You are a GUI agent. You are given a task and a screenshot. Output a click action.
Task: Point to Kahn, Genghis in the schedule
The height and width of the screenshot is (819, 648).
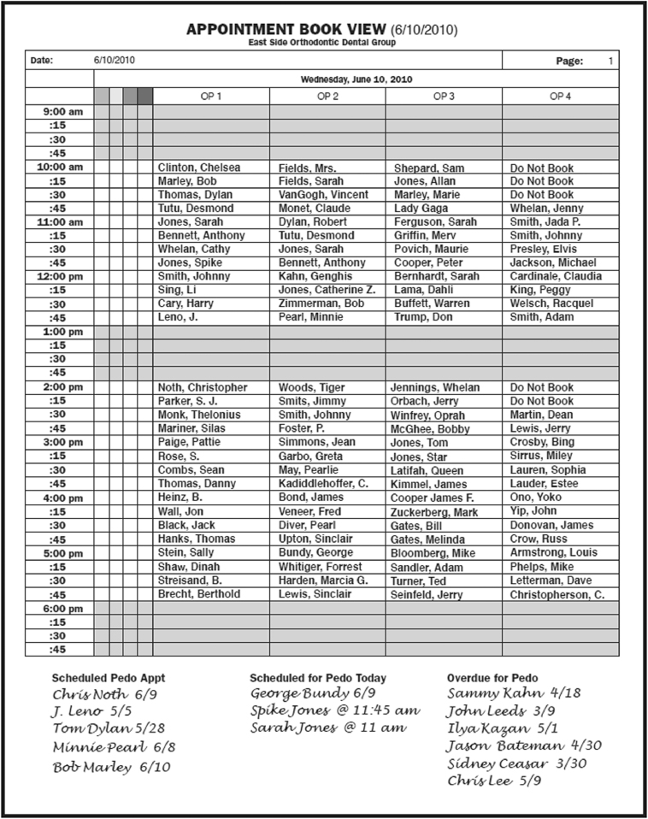point(315,277)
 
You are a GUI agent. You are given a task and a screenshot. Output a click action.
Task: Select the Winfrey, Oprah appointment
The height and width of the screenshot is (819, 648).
point(429,415)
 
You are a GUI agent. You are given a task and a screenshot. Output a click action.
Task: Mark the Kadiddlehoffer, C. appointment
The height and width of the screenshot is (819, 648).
point(323,484)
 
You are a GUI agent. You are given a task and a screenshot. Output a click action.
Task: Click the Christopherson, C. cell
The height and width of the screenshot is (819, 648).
point(557,594)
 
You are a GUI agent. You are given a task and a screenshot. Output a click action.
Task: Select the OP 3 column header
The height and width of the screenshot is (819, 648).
point(443,97)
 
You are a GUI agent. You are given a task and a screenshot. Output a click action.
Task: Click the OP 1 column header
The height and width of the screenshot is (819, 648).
point(211,97)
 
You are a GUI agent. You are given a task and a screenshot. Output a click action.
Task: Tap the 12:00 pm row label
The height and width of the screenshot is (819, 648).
point(60,277)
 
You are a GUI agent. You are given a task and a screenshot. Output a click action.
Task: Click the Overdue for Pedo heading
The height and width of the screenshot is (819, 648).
point(492,678)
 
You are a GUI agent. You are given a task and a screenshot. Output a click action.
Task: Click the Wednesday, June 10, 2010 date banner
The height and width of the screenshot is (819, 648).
point(356,79)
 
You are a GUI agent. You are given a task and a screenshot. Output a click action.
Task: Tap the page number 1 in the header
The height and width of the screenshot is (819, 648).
point(610,61)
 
